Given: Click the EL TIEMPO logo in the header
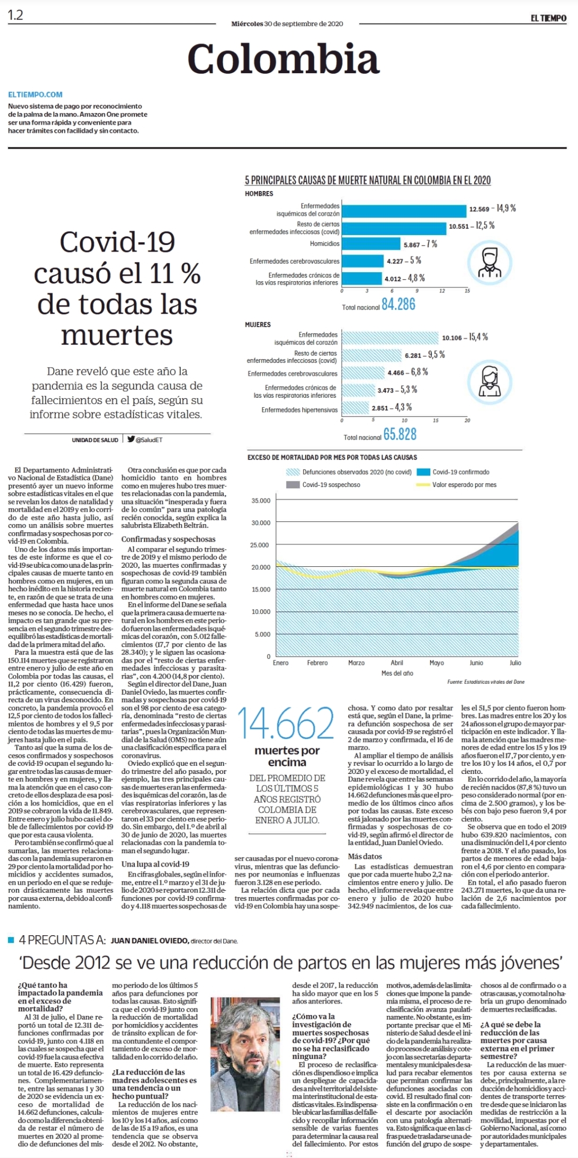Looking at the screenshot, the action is [548, 18].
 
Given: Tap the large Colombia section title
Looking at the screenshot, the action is [283, 59].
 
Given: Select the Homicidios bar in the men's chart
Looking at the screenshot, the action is [371, 244].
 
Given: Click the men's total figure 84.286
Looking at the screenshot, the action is [399, 304].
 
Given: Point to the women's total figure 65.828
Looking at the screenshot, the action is [400, 434].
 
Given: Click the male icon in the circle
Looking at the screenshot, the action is [489, 262].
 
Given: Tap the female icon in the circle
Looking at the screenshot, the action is [489, 382].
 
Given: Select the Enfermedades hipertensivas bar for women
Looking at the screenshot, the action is [355, 408].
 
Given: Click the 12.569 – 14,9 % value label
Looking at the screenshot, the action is [492, 208].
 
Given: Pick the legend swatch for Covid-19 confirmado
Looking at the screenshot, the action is [424, 472].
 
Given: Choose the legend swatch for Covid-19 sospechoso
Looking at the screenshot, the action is [293, 485].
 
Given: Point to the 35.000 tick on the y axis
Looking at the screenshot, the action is [262, 500].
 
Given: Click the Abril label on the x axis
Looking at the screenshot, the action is [397, 663].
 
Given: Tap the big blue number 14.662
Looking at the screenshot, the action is [286, 723].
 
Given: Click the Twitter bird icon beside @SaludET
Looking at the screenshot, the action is [131, 438].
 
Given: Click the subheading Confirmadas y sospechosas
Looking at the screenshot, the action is [168, 539].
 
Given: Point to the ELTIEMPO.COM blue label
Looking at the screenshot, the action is [35, 94].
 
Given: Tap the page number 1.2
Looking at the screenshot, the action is [15, 16].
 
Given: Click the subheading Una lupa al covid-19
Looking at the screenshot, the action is [155, 864].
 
